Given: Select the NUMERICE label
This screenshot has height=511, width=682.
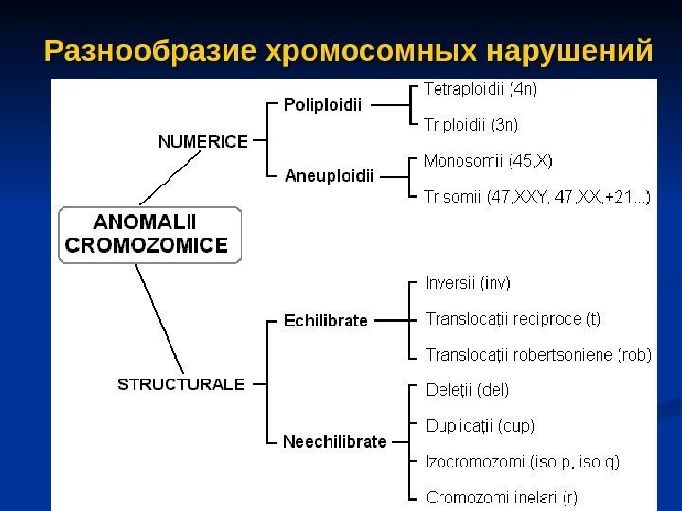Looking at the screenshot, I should (202, 141).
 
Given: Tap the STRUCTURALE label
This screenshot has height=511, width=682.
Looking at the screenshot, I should (181, 384).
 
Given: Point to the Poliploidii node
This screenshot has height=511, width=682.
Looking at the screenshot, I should (323, 105).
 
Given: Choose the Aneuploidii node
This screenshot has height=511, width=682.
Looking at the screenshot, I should (330, 175).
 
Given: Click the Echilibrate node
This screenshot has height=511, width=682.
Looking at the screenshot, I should (326, 321).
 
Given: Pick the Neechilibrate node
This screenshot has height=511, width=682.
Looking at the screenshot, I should (335, 441).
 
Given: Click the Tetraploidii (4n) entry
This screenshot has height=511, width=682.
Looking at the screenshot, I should (479, 91).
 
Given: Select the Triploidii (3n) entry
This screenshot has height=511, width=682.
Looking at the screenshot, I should (470, 123).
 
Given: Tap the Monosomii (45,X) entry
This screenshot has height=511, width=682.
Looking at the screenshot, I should (488, 161).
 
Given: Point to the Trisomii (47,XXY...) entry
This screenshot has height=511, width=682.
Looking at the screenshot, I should (536, 197).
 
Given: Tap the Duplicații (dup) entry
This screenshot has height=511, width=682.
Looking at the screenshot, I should (479, 425).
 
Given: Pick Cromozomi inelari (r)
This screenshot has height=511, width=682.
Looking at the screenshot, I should (502, 495).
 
